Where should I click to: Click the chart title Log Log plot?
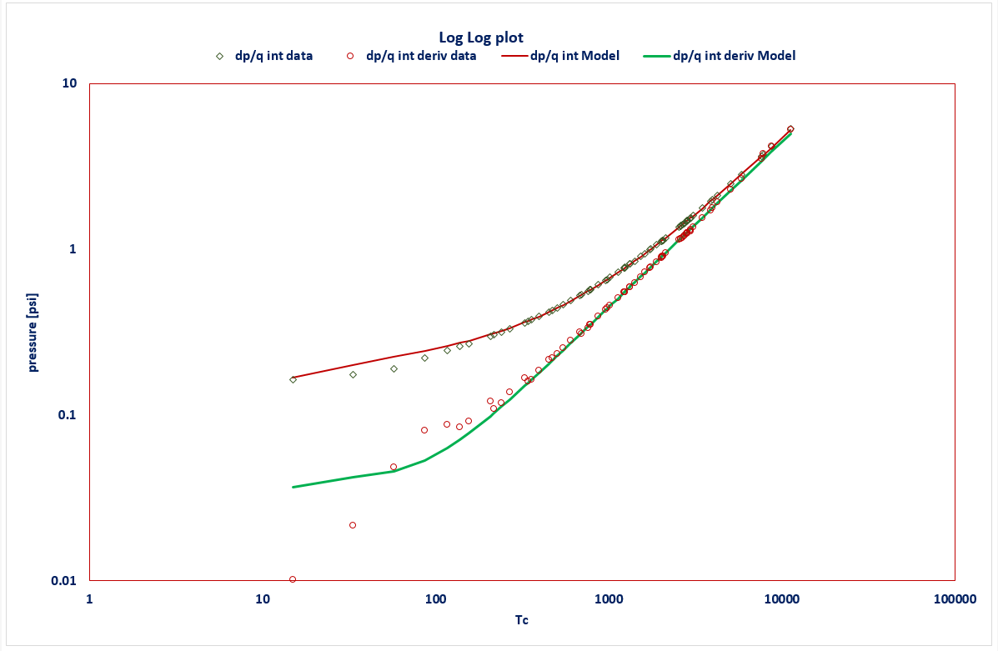480,38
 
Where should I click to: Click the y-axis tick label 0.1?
66,415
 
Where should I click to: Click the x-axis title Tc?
521,620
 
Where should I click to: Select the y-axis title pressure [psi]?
33,332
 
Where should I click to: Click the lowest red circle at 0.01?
293,579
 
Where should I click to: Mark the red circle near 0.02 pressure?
353,525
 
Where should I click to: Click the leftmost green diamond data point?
293,379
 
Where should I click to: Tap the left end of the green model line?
293,487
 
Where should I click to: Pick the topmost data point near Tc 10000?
790,129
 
